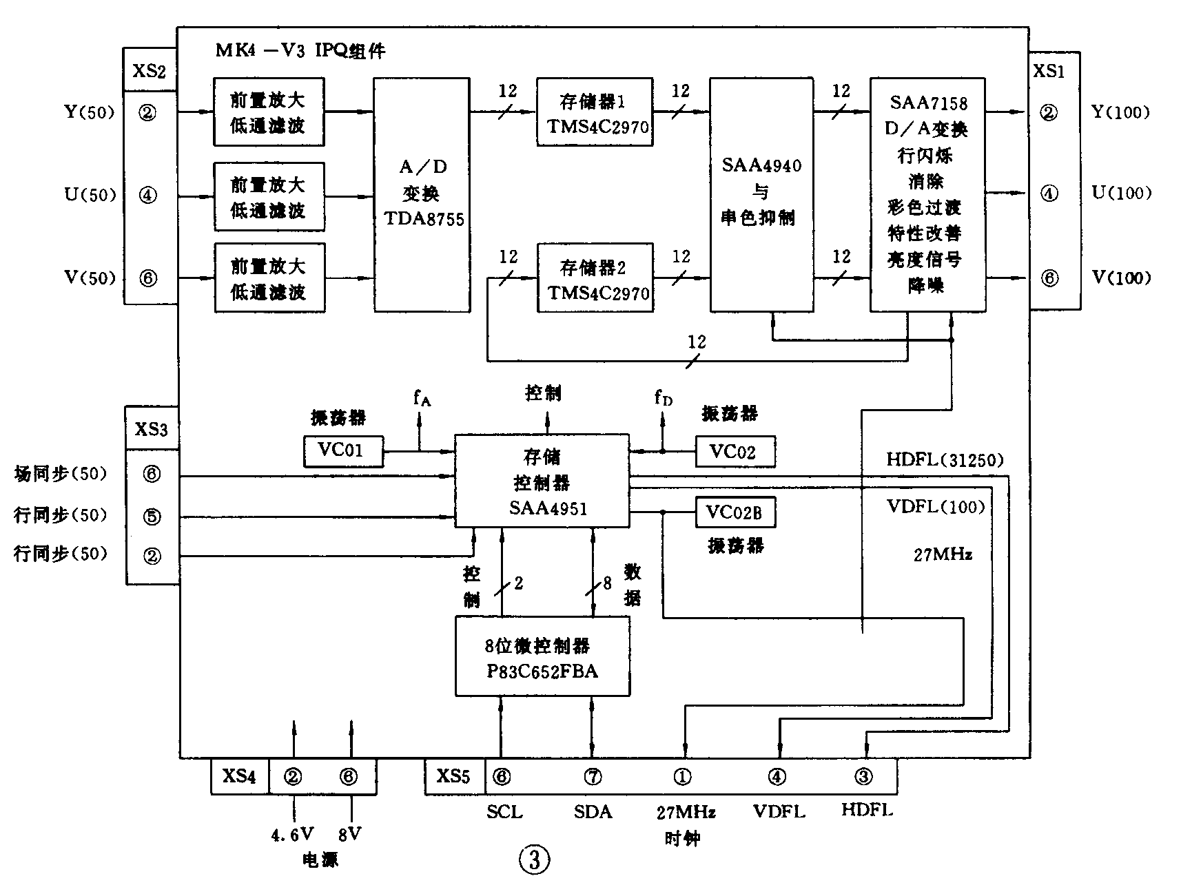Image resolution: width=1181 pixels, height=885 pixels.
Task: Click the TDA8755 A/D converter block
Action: [422, 194]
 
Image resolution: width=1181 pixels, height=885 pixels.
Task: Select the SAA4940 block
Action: [761, 194]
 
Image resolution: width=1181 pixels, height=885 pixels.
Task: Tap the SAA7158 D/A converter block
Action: [927, 194]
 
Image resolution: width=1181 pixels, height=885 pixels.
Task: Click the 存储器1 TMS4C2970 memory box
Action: [595, 112]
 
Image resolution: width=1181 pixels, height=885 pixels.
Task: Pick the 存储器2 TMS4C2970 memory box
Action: [595, 278]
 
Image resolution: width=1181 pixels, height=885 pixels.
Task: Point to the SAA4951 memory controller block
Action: [542, 481]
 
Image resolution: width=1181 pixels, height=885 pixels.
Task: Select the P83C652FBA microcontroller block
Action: [542, 656]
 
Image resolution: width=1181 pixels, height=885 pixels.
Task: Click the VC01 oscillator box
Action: [343, 451]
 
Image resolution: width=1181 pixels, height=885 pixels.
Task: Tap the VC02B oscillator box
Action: [735, 512]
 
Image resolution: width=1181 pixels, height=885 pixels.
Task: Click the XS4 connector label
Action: [239, 777]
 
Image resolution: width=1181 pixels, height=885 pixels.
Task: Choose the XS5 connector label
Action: [454, 777]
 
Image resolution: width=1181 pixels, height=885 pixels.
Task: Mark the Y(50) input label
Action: [90, 112]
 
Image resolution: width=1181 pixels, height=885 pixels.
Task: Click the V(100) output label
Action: [1122, 278]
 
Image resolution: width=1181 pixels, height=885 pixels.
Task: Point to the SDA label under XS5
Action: [593, 812]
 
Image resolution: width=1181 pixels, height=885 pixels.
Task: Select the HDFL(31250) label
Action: [945, 460]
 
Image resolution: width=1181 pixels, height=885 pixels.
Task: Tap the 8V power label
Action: [349, 835]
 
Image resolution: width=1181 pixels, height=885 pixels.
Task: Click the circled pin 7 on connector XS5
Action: [593, 777]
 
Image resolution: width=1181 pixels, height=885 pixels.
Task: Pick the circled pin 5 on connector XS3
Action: [152, 516]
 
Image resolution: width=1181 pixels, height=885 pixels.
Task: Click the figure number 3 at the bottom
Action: [535, 859]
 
